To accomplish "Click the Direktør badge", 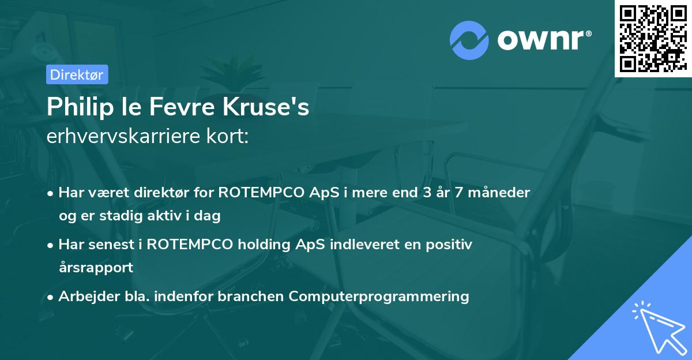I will pyautogui.click(x=77, y=74).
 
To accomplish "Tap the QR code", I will pyautogui.click(x=652, y=38).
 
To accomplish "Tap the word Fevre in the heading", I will pyautogui.click(x=172, y=107).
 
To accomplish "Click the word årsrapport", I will pyautogui.click(x=96, y=267).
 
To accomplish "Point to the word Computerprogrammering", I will pyautogui.click(x=379, y=297).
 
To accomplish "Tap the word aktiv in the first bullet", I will pyautogui.click(x=173, y=216).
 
